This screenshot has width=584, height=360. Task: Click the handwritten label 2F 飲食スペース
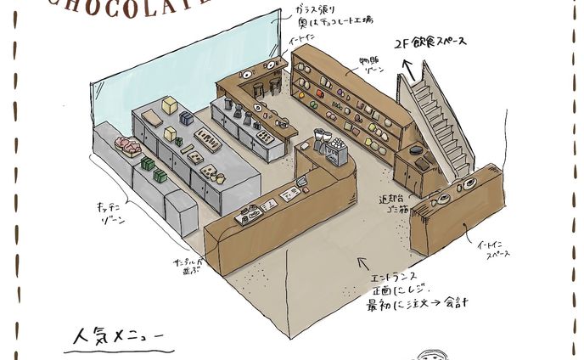[441, 46]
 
